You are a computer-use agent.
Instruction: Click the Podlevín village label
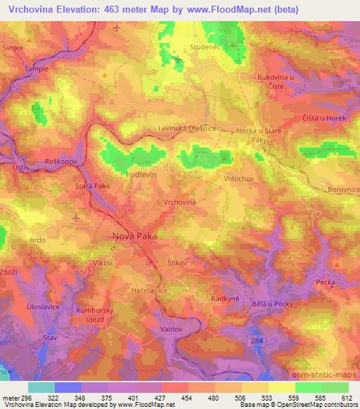click(141, 172)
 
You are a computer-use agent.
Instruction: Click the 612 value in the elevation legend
click(347, 398)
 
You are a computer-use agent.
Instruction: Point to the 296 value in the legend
click(20, 398)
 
